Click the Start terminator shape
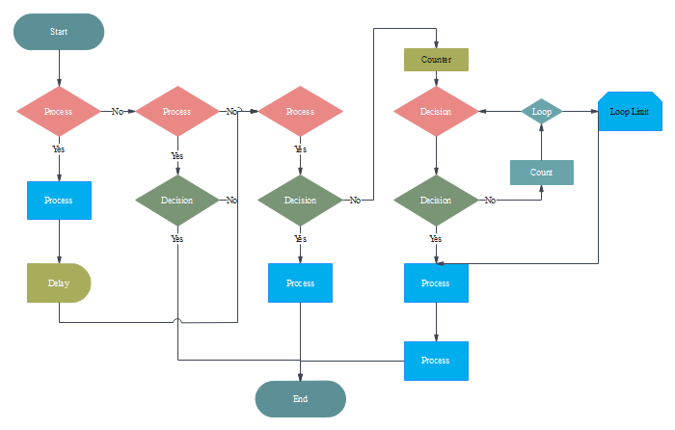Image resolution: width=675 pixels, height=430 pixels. click(59, 31)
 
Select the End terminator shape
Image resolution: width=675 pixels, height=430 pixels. click(300, 398)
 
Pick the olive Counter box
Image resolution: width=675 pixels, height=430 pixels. click(436, 60)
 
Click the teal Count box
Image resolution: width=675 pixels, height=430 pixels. click(541, 172)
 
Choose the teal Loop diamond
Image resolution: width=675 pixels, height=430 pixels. click(541, 111)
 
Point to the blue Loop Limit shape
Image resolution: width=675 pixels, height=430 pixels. click(630, 112)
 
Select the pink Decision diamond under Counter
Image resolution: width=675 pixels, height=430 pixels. click(436, 111)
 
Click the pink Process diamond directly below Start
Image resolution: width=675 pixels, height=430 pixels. click(59, 111)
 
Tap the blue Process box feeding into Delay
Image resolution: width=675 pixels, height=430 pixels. click(59, 201)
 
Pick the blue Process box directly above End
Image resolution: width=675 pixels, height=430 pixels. click(300, 283)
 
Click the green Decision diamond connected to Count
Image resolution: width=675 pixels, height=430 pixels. click(436, 201)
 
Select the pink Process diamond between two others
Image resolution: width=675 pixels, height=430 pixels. click(176, 111)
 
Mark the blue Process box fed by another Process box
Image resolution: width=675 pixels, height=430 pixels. click(436, 361)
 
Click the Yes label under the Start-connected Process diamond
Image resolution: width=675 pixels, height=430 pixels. click(59, 149)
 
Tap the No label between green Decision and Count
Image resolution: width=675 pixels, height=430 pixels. click(490, 201)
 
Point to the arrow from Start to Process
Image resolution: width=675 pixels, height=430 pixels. click(59, 67)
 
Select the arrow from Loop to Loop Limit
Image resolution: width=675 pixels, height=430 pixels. click(579, 111)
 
